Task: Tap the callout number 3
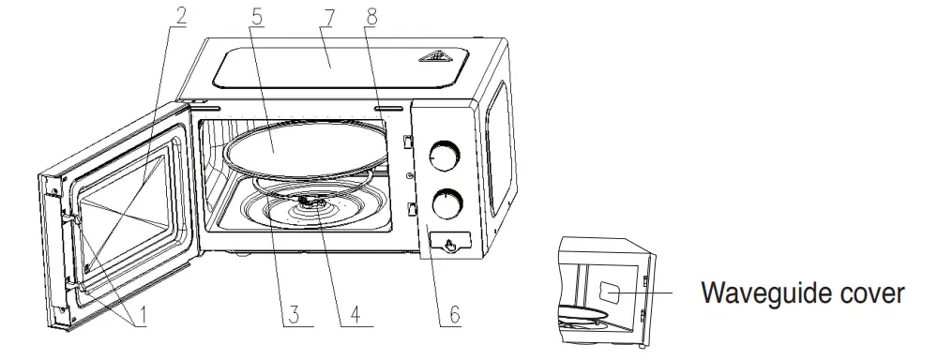coord(294,314)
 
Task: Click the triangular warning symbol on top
coord(432,56)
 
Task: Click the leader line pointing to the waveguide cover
coord(657,292)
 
